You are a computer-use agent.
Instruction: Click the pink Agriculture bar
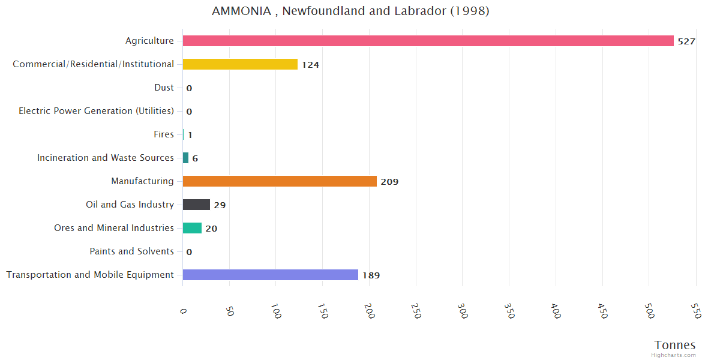click(428, 41)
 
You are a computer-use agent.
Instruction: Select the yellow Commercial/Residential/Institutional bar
click(240, 64)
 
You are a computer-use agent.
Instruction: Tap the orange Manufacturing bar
click(280, 181)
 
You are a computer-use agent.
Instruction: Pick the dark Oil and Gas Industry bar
click(196, 205)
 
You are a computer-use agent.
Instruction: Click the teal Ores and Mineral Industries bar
click(192, 228)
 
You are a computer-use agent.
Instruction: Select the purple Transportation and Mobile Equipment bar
click(270, 275)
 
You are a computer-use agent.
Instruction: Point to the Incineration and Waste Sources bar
click(185, 158)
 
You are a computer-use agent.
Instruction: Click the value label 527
click(686, 41)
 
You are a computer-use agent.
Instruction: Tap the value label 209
click(389, 182)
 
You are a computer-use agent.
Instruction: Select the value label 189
click(371, 275)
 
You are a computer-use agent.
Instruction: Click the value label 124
click(310, 65)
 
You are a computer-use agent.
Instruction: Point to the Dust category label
click(164, 88)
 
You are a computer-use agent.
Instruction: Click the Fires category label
click(164, 134)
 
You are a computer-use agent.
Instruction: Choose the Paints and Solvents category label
click(131, 251)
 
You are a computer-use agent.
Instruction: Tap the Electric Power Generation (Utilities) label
click(96, 111)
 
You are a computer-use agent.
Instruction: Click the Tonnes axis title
click(674, 345)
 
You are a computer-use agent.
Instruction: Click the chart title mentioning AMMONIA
click(350, 11)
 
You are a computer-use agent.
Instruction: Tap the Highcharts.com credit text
click(674, 355)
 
